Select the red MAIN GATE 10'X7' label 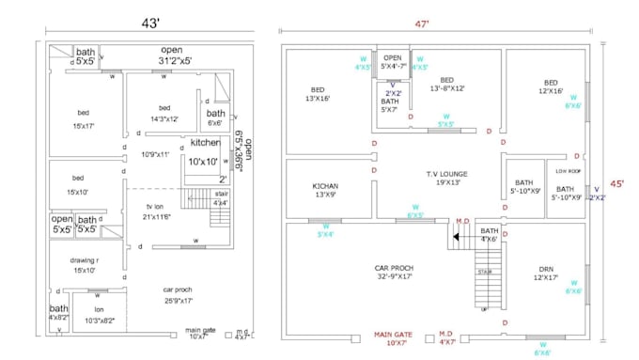pyautogui.click(x=395, y=338)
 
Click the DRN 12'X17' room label pyautogui.click(x=544, y=273)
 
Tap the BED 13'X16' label pyautogui.click(x=317, y=92)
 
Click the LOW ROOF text pyautogui.click(x=567, y=171)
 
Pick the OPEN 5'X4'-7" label pyautogui.click(x=393, y=62)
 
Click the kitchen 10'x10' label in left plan pyautogui.click(x=205, y=151)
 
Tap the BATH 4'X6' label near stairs pyautogui.click(x=490, y=235)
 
